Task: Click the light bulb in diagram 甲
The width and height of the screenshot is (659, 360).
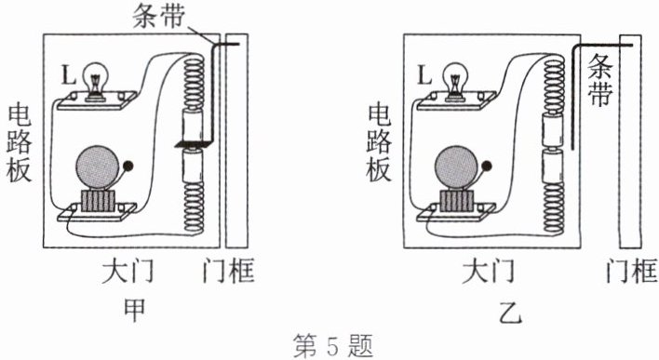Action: point(95,80)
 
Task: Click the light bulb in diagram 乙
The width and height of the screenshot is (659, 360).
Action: point(455,80)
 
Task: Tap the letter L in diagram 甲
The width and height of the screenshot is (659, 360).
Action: point(68,75)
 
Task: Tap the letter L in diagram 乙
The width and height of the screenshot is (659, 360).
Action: point(424,75)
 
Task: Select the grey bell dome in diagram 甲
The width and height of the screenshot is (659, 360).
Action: point(97,167)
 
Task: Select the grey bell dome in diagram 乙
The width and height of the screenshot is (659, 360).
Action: point(457,167)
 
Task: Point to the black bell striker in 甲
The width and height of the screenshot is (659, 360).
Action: point(128,166)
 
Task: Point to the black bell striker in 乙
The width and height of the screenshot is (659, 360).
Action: point(488,166)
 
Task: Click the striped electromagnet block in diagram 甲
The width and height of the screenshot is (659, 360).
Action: point(98,201)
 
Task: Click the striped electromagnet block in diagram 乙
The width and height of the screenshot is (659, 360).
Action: point(457,201)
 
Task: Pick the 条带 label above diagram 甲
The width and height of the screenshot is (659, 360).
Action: point(159,17)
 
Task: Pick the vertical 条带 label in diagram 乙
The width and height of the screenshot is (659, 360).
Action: point(599,80)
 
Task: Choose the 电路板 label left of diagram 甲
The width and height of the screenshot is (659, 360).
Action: point(20,143)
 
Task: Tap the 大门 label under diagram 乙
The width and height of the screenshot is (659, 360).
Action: point(489,272)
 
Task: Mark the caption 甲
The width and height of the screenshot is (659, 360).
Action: point(134,310)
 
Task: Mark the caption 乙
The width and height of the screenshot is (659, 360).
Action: point(511,312)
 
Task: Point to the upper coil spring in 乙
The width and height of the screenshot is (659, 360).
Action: point(554,87)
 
